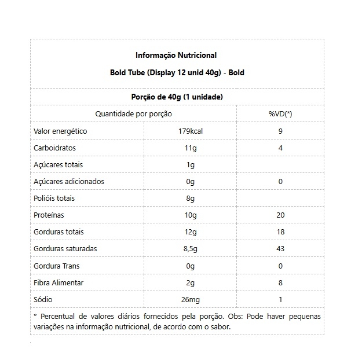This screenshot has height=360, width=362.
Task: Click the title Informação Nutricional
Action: point(176,56)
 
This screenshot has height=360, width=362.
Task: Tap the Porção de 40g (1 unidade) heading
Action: point(177,97)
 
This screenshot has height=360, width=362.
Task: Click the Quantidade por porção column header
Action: point(134,114)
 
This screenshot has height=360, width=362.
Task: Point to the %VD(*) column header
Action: point(280,114)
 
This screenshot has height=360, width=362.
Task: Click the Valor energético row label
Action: point(61,131)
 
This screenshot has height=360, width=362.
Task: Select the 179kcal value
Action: point(191,131)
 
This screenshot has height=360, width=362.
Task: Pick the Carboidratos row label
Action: point(55,148)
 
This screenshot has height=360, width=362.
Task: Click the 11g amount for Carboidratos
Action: point(191,148)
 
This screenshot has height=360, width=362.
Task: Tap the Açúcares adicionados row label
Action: point(70,181)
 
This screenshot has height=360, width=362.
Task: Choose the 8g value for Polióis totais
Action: point(191,198)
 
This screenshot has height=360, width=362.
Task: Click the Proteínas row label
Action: point(49,215)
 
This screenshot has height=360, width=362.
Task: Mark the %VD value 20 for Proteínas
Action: point(280,215)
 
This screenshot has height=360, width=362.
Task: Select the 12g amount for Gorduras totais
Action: point(191,232)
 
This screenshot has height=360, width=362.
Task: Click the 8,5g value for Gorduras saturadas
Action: point(191,249)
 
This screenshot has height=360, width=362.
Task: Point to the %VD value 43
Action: point(280,249)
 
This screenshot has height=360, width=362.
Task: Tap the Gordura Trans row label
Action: point(57,266)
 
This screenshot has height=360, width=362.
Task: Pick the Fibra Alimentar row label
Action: point(59,282)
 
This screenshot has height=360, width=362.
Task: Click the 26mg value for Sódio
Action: point(191,299)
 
